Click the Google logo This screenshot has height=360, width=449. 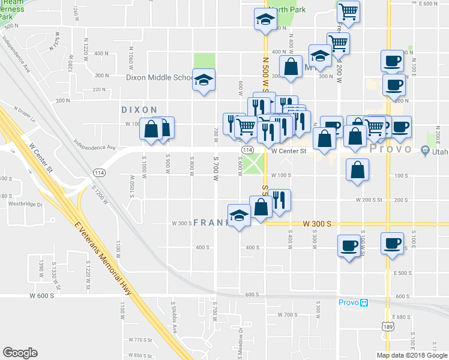(x=20, y=353)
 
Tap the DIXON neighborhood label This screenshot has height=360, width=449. (x=139, y=110)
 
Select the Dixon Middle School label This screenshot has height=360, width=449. (x=158, y=77)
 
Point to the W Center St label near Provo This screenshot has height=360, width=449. (x=288, y=152)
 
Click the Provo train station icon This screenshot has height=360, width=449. (x=364, y=303)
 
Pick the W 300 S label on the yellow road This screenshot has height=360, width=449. (x=317, y=223)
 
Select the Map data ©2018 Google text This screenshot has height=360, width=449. (x=411, y=355)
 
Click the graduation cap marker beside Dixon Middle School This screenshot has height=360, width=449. (x=204, y=79)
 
